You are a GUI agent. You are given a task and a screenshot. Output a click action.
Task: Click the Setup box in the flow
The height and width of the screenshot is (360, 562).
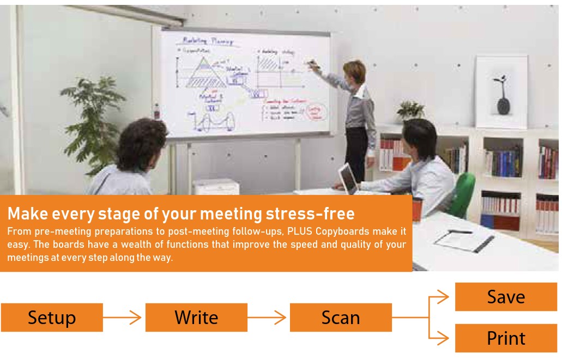click(52, 318)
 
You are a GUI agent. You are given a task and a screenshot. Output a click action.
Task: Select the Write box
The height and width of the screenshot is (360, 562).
click(196, 318)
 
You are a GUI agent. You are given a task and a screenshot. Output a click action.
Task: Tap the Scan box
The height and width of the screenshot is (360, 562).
click(341, 318)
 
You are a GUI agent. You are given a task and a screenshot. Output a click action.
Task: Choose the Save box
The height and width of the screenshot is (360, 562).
click(506, 297)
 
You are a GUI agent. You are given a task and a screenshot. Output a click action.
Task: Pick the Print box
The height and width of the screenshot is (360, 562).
click(506, 338)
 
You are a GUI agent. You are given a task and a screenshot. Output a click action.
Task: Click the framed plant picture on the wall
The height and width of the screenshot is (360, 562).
click(501, 92)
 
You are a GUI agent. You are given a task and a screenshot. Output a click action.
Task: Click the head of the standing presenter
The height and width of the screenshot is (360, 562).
click(354, 71)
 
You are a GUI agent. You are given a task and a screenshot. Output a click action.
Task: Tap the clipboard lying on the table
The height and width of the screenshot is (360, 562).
click(463, 240)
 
